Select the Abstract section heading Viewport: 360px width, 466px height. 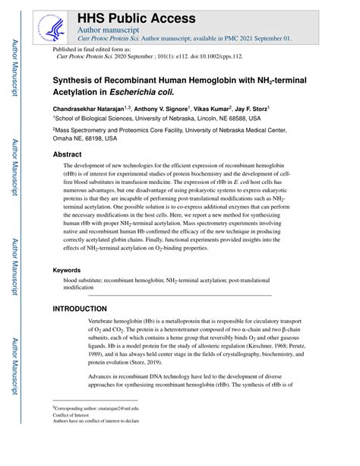click(x=68, y=153)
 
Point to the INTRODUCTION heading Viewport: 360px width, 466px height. click(x=80, y=309)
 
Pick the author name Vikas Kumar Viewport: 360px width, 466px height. click(x=232, y=108)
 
